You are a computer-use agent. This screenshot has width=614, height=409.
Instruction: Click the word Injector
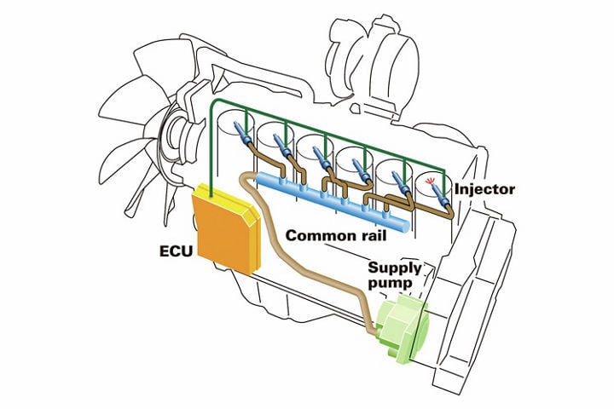(486, 187)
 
